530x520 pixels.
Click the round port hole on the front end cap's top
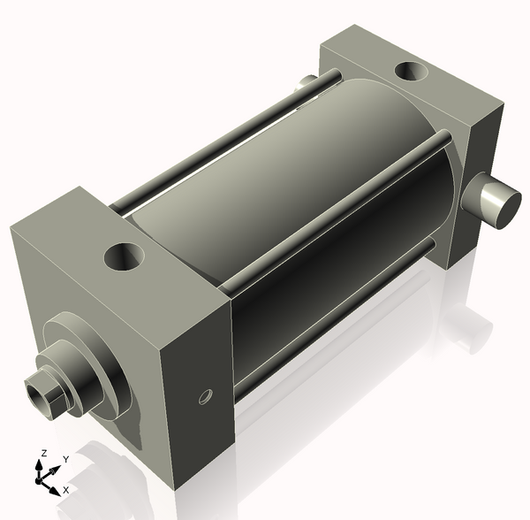[125, 256]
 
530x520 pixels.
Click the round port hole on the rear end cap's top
[412, 71]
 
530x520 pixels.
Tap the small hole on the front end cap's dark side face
[206, 396]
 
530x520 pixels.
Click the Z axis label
[43, 454]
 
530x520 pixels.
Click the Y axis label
[66, 460]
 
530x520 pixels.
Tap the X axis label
[66, 490]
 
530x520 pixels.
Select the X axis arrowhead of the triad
[55, 491]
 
